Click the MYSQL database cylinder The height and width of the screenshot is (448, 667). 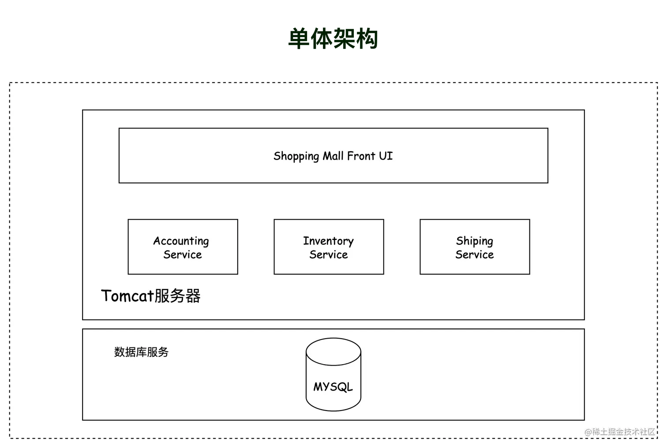click(x=333, y=374)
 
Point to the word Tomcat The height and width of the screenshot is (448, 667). click(x=127, y=296)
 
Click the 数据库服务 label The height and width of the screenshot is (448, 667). click(x=141, y=352)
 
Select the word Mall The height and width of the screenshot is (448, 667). click(x=333, y=156)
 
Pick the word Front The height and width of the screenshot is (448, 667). click(x=361, y=156)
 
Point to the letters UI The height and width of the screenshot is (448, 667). click(x=386, y=156)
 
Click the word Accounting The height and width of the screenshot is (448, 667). click(x=181, y=241)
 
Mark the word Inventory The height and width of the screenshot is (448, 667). click(x=328, y=241)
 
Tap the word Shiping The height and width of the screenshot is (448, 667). click(x=475, y=241)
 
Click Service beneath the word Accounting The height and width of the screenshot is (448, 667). click(x=183, y=254)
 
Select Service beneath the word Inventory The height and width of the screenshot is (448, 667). click(x=329, y=254)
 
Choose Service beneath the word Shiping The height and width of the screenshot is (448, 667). click(x=475, y=254)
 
